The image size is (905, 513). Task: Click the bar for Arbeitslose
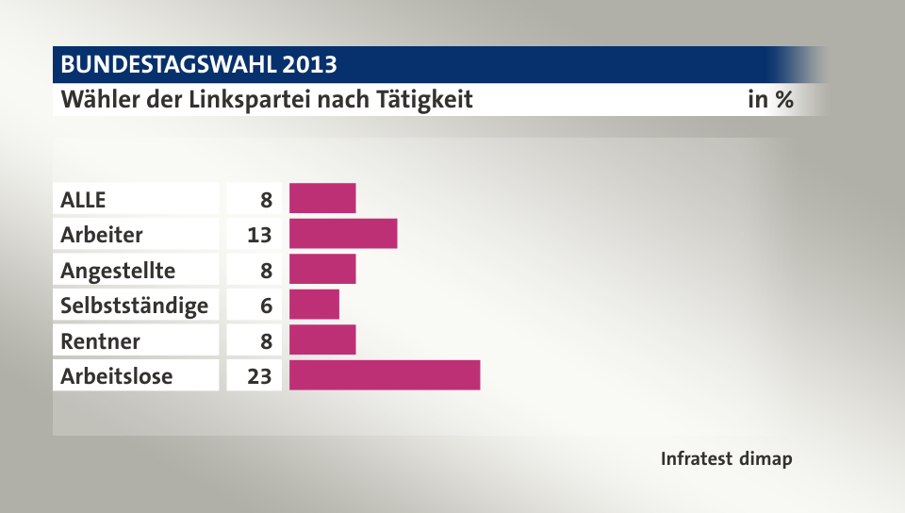(385, 375)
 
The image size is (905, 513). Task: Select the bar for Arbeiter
(343, 234)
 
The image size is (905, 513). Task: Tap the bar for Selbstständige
(314, 305)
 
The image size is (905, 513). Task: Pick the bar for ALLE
(322, 199)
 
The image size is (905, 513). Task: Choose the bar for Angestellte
(322, 270)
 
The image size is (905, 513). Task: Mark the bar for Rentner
(322, 340)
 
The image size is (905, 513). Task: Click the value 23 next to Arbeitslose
(259, 376)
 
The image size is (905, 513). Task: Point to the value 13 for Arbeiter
(259, 235)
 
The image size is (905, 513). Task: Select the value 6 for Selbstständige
(266, 306)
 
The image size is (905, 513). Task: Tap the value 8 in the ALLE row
(266, 200)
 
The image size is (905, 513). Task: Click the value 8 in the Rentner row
(266, 341)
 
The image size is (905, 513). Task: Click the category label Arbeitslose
(116, 376)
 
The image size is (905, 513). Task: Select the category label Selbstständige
(134, 306)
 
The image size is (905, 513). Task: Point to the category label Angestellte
(118, 271)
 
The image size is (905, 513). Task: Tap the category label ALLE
(83, 200)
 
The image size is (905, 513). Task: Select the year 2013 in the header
(308, 65)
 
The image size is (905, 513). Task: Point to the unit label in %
(770, 99)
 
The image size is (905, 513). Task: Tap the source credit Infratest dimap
(726, 459)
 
